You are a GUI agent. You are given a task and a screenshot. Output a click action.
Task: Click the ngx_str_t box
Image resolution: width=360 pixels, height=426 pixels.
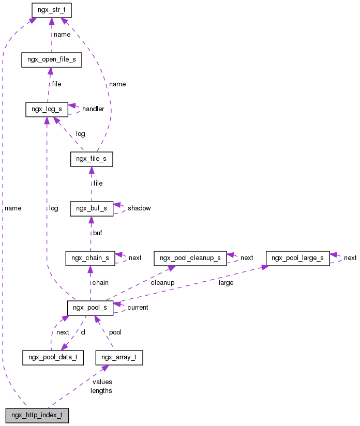coord(51,10)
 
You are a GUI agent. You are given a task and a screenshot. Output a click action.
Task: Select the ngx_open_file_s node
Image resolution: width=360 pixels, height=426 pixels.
coord(51,59)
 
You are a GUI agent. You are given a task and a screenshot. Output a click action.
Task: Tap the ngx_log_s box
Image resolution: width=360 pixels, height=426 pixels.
coord(47,109)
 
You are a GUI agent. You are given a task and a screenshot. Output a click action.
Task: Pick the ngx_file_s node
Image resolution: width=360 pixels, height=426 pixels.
coord(92,159)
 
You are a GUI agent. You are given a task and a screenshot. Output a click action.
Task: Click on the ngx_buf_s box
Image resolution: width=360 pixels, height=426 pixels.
coord(91,208)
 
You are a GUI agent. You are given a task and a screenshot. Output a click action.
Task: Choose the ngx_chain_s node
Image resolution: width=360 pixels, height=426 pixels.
coord(90,258)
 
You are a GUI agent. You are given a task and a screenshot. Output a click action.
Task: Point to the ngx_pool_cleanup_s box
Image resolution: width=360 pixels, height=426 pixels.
coord(190,257)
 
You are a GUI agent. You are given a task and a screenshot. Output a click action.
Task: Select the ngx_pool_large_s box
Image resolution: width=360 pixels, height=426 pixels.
coord(297,257)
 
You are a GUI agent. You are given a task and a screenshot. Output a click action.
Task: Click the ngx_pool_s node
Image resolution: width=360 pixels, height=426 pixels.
coord(90,308)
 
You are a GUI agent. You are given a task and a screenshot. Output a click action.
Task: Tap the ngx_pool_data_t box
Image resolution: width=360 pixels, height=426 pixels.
coord(53,357)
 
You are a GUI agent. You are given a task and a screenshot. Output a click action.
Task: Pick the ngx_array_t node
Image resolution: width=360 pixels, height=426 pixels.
coord(119,357)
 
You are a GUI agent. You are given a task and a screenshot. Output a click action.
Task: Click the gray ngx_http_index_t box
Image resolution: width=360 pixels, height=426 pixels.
coord(37,415)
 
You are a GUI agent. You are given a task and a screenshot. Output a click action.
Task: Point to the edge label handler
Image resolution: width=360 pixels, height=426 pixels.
coord(93,109)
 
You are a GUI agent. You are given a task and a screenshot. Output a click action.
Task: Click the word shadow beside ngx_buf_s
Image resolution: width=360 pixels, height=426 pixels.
coord(139,208)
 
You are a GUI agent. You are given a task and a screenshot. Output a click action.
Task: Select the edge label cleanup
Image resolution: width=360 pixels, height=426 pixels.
coord(162,283)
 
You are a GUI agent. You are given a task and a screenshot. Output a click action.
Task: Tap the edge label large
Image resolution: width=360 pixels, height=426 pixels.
coord(226,283)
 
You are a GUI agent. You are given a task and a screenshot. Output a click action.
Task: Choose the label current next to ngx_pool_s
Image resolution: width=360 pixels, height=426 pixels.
coord(138,308)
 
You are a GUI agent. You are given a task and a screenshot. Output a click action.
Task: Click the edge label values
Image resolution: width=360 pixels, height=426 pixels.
coord(101,382)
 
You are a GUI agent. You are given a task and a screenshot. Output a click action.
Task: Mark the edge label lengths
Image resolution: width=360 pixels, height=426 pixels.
coord(101,391)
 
